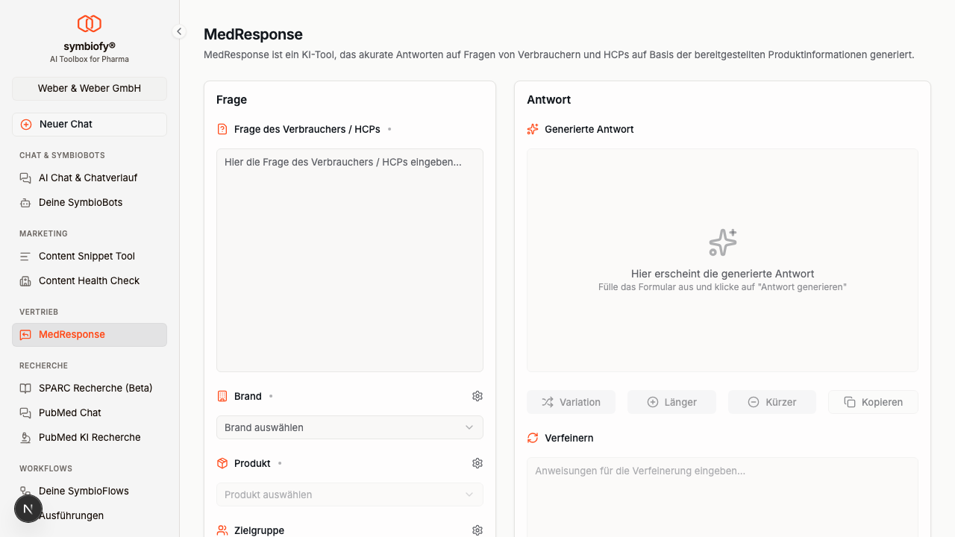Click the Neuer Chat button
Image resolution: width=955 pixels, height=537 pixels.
click(x=89, y=125)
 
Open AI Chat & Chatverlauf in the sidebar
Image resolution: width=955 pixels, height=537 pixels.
click(x=89, y=178)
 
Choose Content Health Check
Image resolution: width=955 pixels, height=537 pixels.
click(x=89, y=281)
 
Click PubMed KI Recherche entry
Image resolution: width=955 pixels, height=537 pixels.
click(x=89, y=438)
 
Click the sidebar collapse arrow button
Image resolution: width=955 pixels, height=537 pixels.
click(x=179, y=31)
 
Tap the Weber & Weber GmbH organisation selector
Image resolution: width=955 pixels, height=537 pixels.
click(x=89, y=89)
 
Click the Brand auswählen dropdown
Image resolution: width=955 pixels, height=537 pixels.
click(x=350, y=427)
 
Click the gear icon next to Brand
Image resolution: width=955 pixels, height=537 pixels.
click(x=477, y=396)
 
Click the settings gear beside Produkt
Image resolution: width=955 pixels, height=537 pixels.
click(x=477, y=463)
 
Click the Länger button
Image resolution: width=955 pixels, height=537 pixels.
click(x=671, y=402)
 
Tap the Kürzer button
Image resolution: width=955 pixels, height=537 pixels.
click(x=772, y=402)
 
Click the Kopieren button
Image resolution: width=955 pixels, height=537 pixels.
click(x=873, y=402)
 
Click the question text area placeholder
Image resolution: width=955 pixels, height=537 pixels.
click(x=342, y=163)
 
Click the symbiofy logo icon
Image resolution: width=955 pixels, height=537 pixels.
click(x=89, y=23)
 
